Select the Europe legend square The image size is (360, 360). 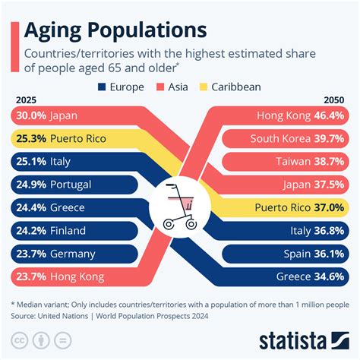[x=103, y=87]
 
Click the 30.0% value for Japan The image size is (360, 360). [x=30, y=116]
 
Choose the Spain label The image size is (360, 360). [x=294, y=254]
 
